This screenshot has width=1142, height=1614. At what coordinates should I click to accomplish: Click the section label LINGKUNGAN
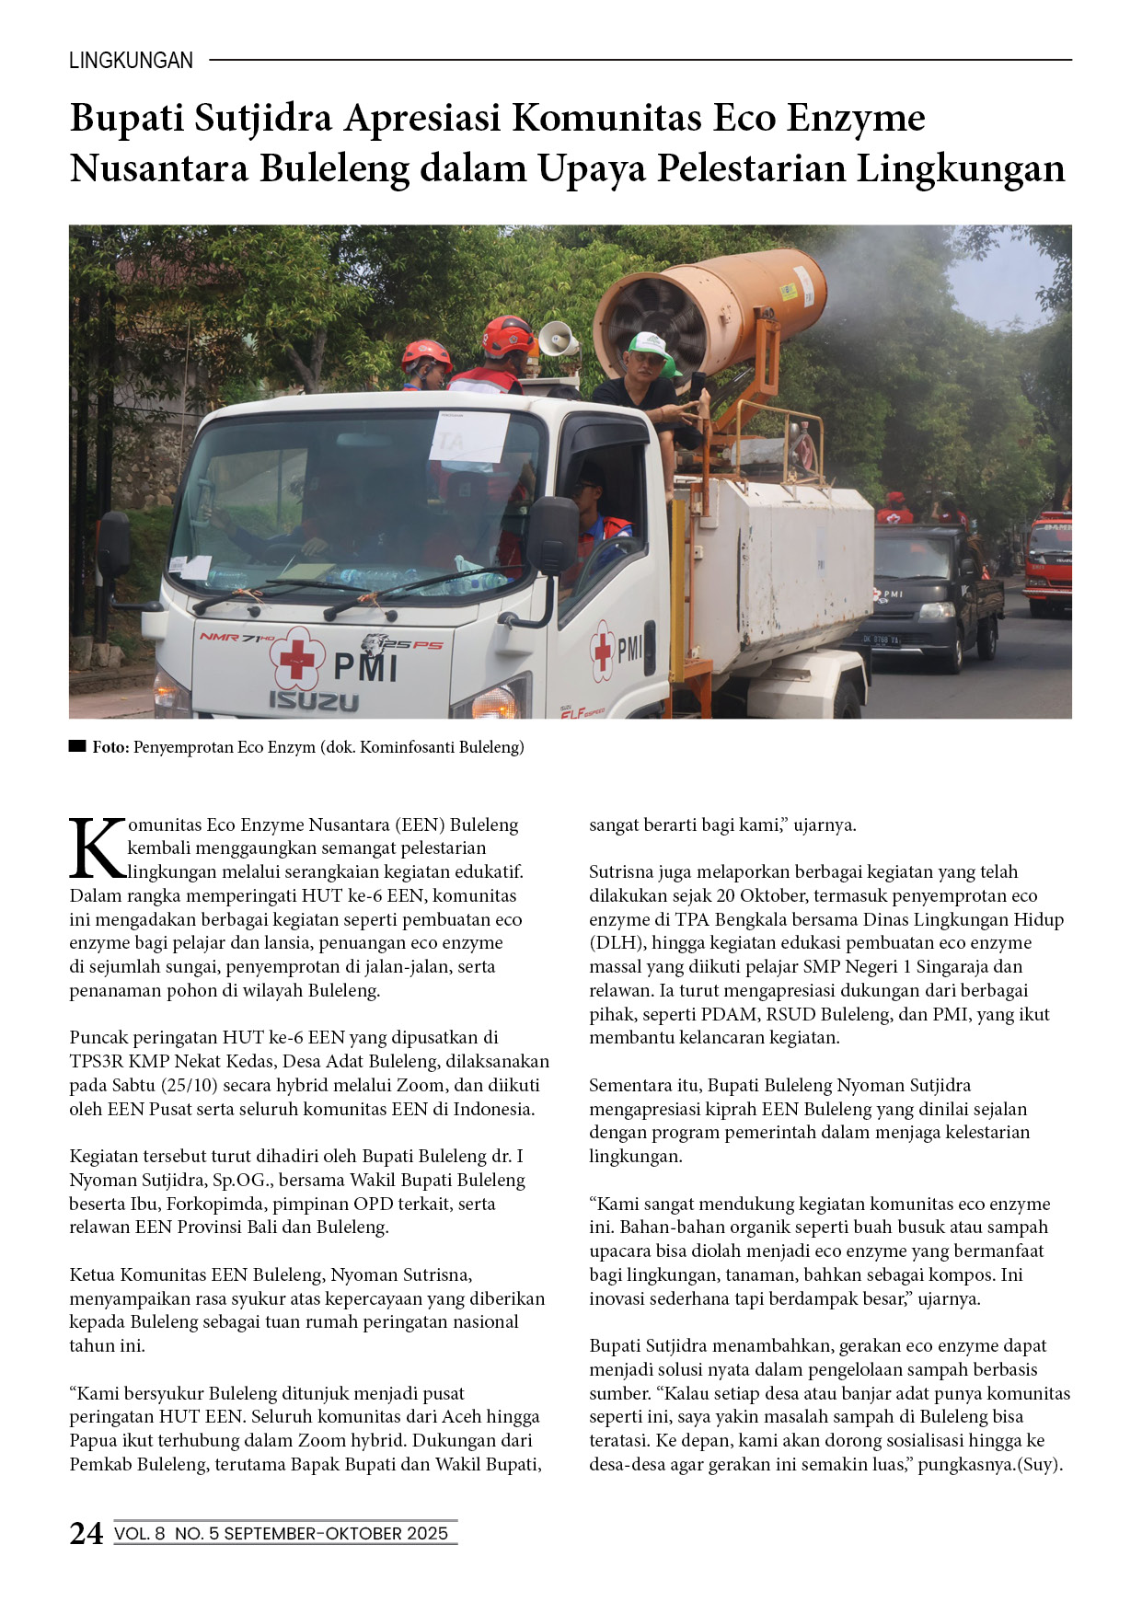131,61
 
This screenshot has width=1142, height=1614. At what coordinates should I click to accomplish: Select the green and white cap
651,347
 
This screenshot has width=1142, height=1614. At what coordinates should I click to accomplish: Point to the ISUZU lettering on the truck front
314,701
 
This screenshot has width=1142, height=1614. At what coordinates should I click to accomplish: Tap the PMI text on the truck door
629,650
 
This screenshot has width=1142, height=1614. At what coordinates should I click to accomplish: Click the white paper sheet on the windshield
468,436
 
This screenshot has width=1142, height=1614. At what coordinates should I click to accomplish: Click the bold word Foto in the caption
110,747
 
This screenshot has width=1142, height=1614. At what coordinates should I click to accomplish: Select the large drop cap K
97,848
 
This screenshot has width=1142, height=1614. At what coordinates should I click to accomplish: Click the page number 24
87,1533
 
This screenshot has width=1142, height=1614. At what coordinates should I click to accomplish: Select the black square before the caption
77,746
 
